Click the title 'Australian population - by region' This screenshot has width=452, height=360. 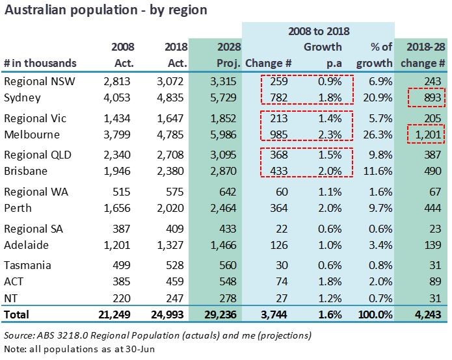click(x=106, y=10)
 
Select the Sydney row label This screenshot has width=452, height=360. click(x=22, y=97)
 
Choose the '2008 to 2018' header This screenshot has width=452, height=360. click(x=319, y=31)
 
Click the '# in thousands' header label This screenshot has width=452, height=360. click(x=40, y=63)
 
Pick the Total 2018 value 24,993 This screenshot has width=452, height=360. click(x=168, y=315)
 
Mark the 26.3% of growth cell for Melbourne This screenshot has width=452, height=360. click(x=378, y=135)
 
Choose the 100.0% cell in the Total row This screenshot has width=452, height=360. click(x=374, y=315)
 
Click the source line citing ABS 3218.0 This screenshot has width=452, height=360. click(x=157, y=335)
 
